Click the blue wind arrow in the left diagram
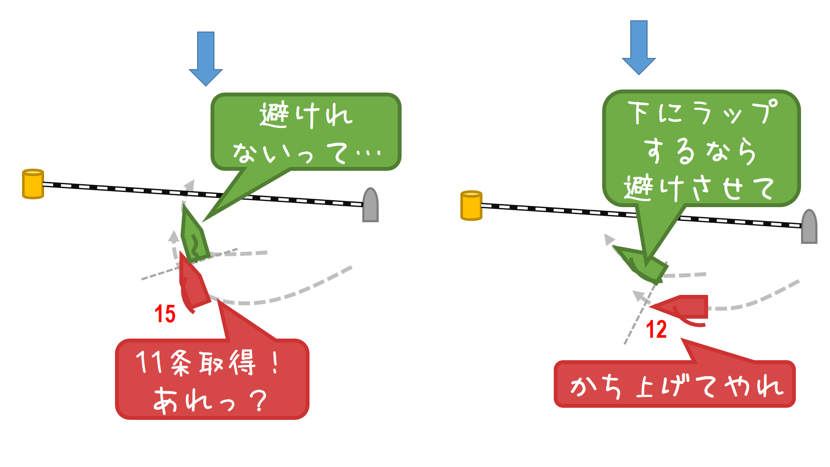pyautogui.click(x=206, y=58)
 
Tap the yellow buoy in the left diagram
pyautogui.click(x=33, y=184)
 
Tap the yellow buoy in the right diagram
pyautogui.click(x=471, y=205)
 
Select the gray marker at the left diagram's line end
pyautogui.click(x=370, y=205)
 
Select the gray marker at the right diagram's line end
pyautogui.click(x=809, y=227)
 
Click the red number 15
pyautogui.click(x=165, y=314)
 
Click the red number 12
pyautogui.click(x=656, y=329)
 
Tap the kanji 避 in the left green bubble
pyautogui.click(x=274, y=115)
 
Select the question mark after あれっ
pyautogui.click(x=259, y=400)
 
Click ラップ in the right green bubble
pyautogui.click(x=735, y=112)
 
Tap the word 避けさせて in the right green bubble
pyautogui.click(x=698, y=189)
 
